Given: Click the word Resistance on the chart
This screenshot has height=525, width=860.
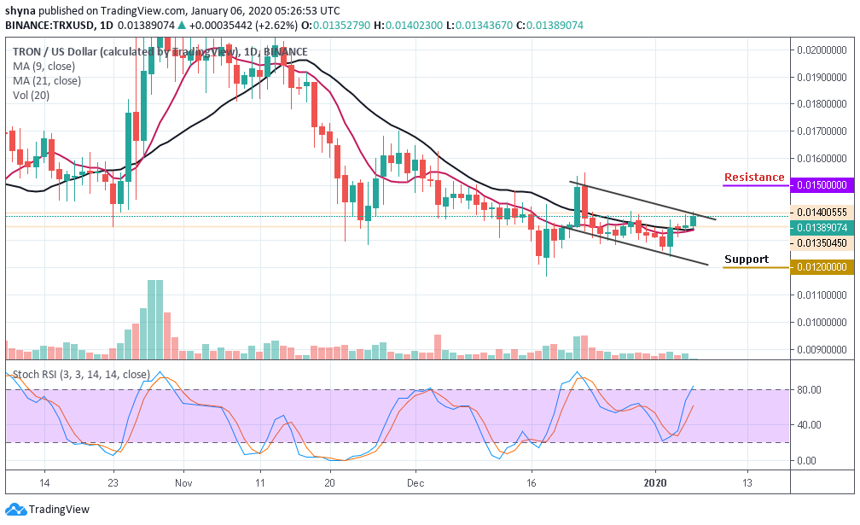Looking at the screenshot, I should pos(754,178).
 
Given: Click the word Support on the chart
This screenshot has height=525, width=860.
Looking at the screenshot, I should pos(747,260).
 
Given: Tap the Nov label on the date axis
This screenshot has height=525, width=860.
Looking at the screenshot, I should pos(183,481).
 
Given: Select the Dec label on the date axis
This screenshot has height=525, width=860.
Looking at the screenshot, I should pos(415,481).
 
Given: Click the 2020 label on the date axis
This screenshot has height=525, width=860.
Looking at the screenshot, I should pos(655,481).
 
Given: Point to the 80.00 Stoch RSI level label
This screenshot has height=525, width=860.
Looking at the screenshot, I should pos(808,390).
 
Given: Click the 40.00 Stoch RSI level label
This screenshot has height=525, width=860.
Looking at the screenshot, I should pos(808,425).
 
